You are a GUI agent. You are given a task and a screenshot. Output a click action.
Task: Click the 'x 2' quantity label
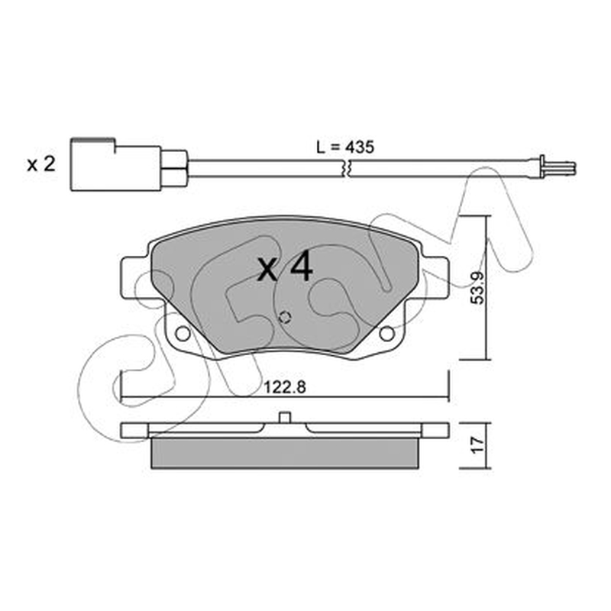41,164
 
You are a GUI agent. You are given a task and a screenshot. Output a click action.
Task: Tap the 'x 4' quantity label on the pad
285,267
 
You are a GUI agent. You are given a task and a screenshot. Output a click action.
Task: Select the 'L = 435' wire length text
345,147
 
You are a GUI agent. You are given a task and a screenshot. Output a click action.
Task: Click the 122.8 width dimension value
285,387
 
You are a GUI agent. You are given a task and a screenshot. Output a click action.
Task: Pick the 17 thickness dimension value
477,445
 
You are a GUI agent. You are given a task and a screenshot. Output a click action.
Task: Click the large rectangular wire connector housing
116,165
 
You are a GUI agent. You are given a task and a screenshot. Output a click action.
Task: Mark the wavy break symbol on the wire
346,168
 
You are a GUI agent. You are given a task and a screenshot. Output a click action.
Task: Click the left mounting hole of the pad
182,334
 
